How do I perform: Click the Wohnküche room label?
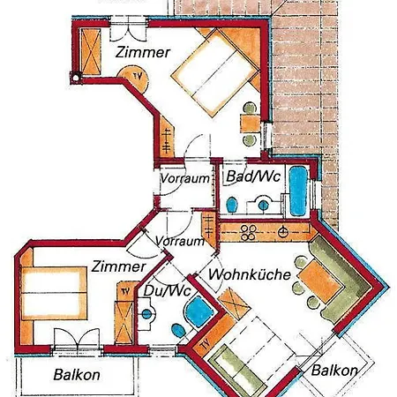pos(250,275)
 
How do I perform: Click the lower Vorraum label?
pos(180,240)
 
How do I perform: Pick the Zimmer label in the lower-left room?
pos(118,266)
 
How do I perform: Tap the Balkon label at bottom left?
pos(77,374)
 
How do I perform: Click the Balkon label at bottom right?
pos(334,371)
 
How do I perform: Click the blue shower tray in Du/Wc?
pos(199,311)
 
